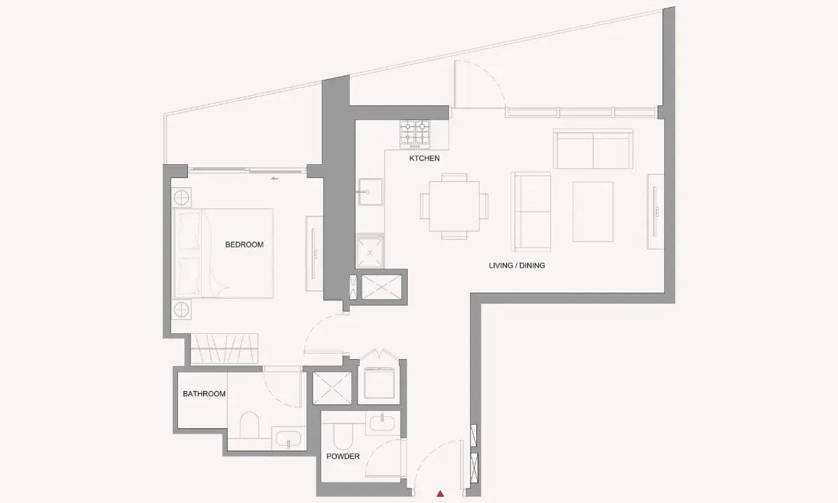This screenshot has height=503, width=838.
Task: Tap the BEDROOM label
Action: pos(244,245)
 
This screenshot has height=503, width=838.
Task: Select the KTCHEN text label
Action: pos(425,159)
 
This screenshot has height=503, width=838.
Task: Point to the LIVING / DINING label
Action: pos(517,265)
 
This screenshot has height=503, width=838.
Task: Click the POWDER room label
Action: pos(343,456)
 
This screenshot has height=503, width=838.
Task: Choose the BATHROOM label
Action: pos(204,394)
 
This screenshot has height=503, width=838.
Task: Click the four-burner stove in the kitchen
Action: pos(415,134)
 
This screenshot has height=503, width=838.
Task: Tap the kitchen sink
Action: pos(370,191)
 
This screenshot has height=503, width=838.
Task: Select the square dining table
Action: pos(454,206)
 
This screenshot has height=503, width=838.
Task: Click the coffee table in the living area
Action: pos(593,212)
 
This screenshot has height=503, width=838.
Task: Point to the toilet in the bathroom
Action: pos(249,425)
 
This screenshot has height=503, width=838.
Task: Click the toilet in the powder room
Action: pos(343,437)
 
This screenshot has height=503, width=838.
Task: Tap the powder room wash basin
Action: pos(383,423)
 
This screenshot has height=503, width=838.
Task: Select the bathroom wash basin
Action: pos(288,439)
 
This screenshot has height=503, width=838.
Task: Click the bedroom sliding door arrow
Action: pos(275,179)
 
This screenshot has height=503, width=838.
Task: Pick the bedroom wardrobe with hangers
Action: pos(224,349)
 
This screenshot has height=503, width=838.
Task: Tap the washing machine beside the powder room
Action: pos(379,384)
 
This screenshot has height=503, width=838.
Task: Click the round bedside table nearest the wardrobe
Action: pos(182,310)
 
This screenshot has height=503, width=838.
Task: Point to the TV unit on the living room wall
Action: pos(656,212)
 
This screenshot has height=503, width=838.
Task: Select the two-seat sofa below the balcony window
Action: pos(593,149)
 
